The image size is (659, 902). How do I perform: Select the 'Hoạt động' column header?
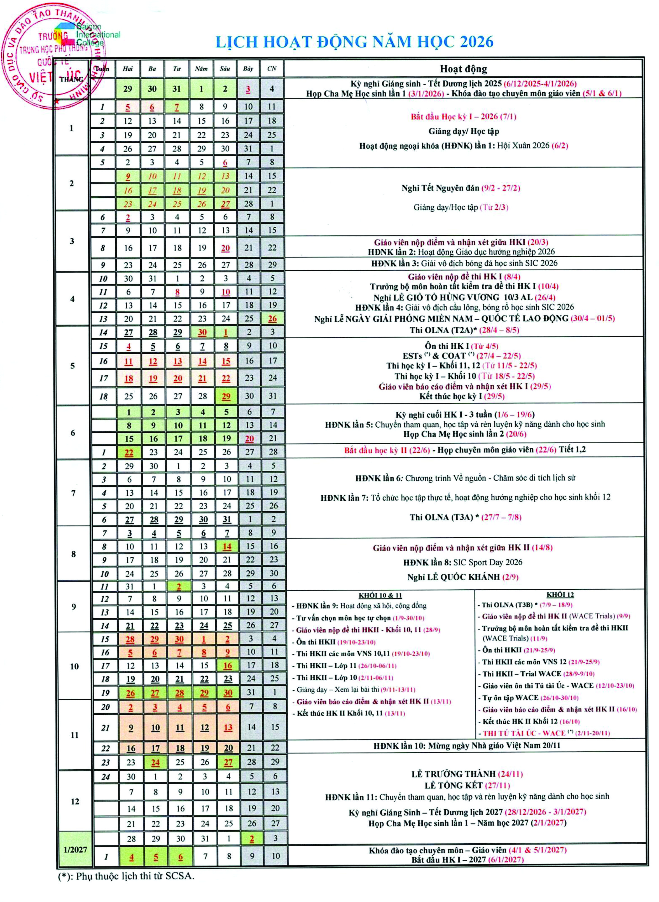tap(463, 69)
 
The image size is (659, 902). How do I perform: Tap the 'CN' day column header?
tap(272, 69)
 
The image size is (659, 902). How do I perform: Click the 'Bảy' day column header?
tap(248, 69)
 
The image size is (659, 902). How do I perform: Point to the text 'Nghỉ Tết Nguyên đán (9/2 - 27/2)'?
tap(461, 188)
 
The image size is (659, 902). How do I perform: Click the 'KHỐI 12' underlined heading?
tap(560, 594)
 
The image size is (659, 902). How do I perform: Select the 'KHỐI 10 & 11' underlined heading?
tap(380, 595)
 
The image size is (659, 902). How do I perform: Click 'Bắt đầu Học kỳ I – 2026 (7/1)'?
tap(464, 116)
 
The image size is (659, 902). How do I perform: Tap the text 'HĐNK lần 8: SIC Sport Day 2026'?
tap(463, 562)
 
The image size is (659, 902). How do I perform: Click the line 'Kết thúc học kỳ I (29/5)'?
tap(462, 396)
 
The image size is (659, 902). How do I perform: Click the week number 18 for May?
tap(103, 396)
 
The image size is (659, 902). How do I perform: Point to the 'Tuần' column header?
tap(102, 69)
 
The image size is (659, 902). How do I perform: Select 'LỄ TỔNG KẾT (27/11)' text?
tap(467, 785)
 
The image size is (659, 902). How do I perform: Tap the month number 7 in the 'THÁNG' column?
tap(73, 493)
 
